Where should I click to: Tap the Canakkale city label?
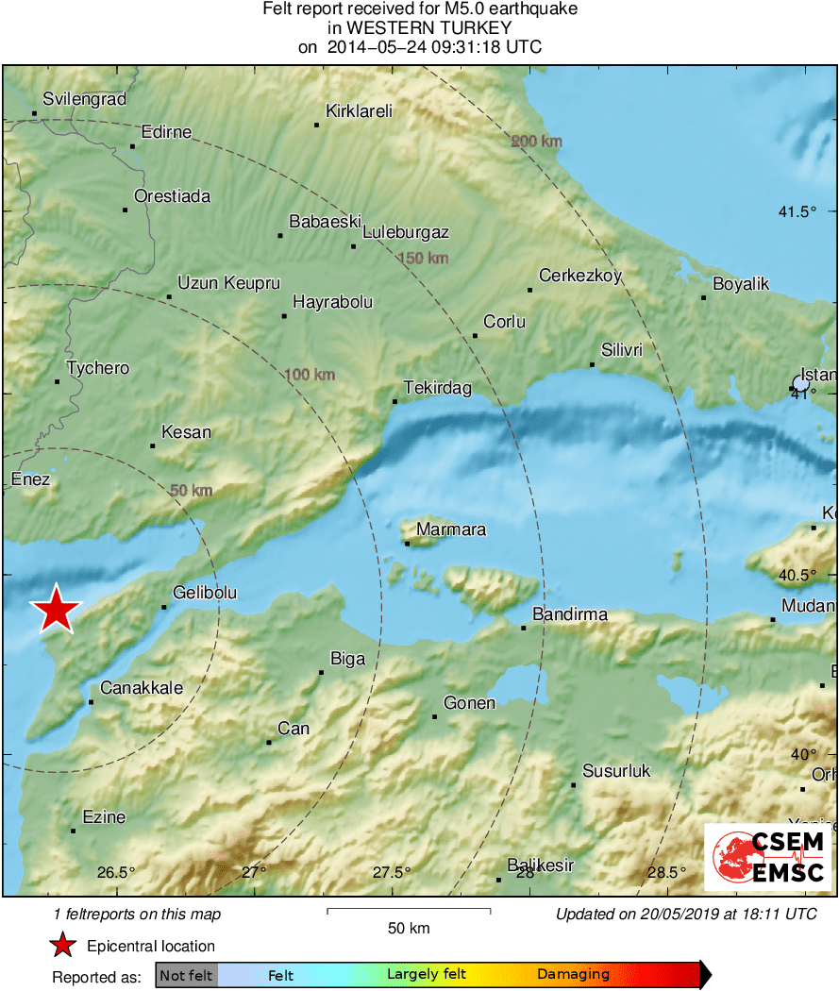pos(142,688)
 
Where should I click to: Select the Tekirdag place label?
pos(438,388)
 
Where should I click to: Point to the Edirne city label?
pos(166,132)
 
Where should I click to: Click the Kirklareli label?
pos(359,111)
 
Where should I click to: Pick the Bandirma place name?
pos(570,614)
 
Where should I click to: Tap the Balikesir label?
pos(541,865)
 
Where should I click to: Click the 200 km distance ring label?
pos(537,142)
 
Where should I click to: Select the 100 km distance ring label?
pos(310,375)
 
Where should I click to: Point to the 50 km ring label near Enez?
pos(191,491)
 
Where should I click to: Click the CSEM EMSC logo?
pos(767,856)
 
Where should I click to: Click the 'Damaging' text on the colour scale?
pos(573,975)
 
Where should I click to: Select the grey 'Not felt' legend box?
pos(187,975)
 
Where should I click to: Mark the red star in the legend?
pos(62,946)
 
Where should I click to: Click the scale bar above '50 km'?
pos(409,911)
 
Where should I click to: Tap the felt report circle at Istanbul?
pos(801,384)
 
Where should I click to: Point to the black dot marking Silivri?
pos(593,364)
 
